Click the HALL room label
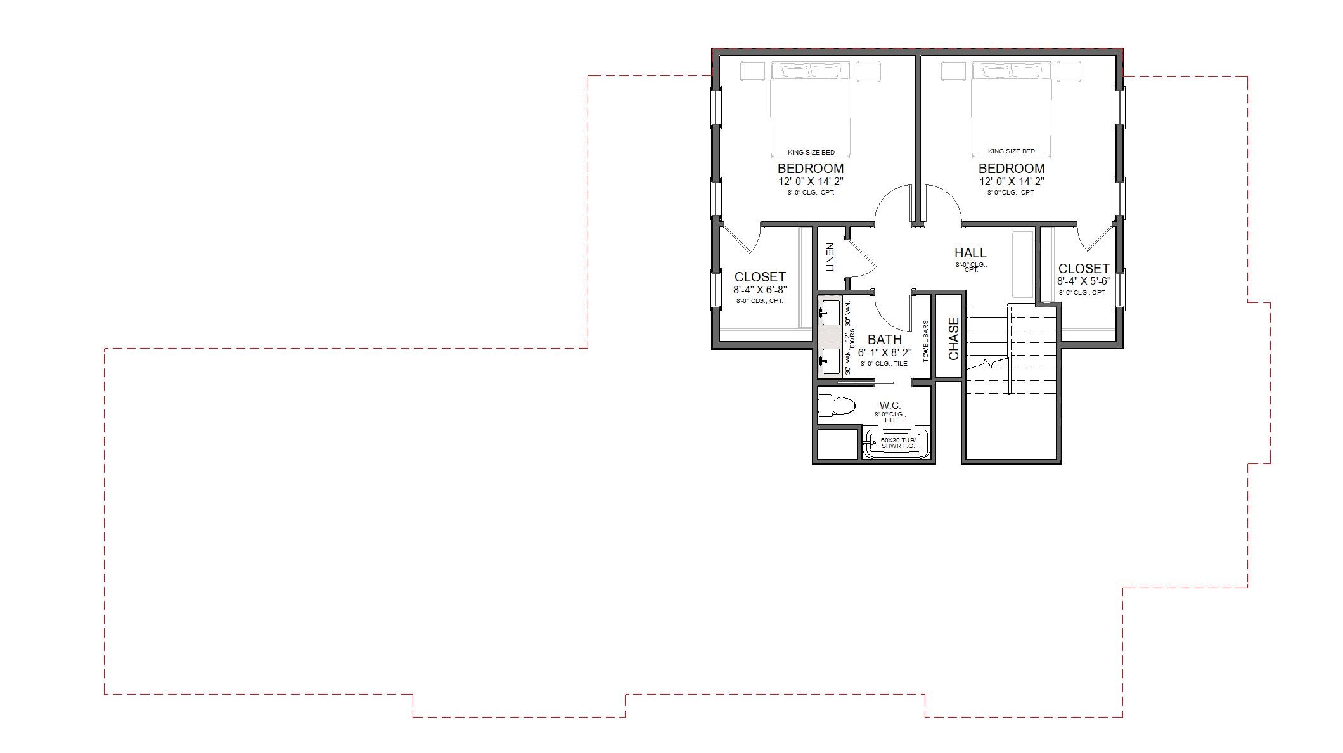(970, 253)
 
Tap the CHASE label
(954, 338)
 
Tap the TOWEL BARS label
(926, 341)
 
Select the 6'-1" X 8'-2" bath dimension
(885, 352)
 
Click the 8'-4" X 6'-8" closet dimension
(760, 290)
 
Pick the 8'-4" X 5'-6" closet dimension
(1084, 281)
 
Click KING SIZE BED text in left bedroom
(811, 152)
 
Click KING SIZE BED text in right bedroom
(1011, 151)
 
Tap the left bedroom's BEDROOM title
(811, 169)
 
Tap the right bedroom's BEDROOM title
(1011, 169)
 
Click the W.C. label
(890, 406)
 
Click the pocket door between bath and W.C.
(862, 383)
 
